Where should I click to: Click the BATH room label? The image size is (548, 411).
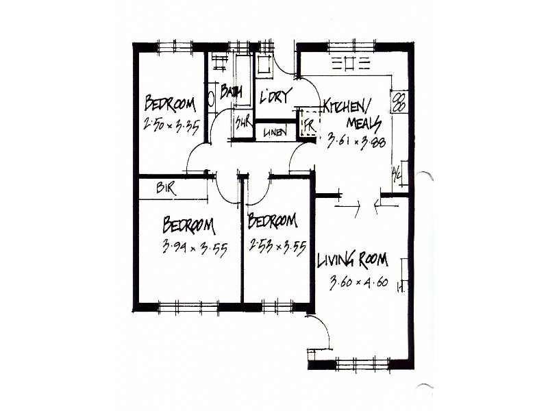click(x=232, y=91)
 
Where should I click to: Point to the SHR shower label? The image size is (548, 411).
click(x=242, y=124)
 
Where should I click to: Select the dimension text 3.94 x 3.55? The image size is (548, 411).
click(x=195, y=247)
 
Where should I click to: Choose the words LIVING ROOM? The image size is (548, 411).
click(x=352, y=260)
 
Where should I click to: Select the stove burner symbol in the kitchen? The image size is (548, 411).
click(x=399, y=102)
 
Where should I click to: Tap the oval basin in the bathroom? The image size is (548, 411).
click(x=211, y=97)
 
